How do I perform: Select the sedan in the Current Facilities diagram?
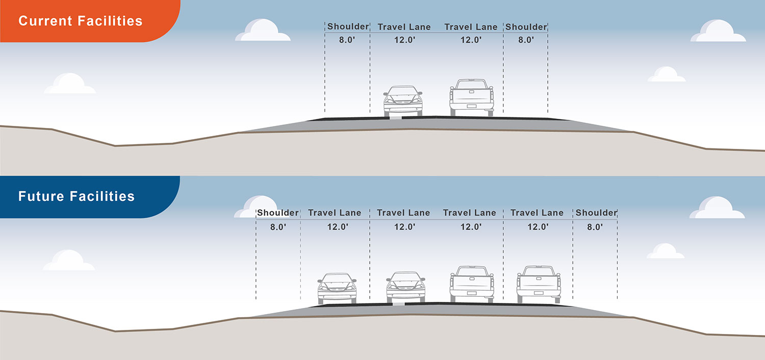[403, 101]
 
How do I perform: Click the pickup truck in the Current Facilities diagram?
[472, 97]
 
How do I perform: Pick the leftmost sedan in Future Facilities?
[337, 289]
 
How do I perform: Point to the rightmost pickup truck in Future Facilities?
[539, 284]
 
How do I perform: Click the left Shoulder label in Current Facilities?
[348, 27]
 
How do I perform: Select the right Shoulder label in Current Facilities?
[526, 27]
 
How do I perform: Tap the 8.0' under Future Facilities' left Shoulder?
[278, 227]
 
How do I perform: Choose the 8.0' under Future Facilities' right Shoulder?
[595, 227]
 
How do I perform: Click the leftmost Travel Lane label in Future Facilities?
[335, 213]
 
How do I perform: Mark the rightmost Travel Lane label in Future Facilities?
[537, 213]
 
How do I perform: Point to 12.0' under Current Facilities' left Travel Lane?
[404, 40]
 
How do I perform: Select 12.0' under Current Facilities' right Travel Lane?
[471, 40]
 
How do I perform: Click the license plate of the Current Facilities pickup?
[472, 106]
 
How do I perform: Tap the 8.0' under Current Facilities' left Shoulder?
[347, 40]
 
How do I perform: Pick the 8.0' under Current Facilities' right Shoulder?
[526, 40]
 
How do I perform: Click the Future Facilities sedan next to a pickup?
[405, 288]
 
